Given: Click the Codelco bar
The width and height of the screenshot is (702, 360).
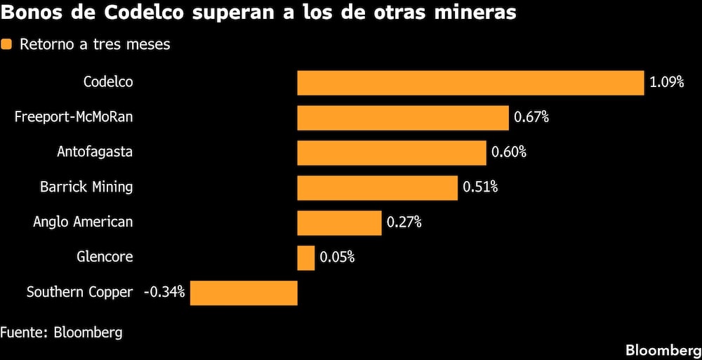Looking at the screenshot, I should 470,82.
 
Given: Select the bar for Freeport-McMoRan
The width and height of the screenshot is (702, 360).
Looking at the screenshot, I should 403,117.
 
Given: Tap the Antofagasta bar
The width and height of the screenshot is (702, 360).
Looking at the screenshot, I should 392,152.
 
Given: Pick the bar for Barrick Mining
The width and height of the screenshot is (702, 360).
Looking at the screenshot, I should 378,187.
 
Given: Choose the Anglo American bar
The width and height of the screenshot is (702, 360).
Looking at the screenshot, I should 339,222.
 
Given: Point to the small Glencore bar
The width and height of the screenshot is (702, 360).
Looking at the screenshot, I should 306,258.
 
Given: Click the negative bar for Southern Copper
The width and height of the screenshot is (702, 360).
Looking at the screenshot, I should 244,293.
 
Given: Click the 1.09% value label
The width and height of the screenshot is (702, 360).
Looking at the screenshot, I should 666,82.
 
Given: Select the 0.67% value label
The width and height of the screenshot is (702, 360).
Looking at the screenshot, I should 531,117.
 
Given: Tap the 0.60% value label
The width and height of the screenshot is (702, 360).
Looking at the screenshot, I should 509,152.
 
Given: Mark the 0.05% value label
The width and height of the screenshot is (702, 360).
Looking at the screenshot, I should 337,258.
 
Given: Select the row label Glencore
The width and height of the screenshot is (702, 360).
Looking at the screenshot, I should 105,258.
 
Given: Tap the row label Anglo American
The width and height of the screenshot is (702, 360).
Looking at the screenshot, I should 83,222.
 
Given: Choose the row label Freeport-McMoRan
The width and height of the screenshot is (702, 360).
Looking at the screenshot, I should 74,117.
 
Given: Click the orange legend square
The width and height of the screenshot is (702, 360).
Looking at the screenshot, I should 7,45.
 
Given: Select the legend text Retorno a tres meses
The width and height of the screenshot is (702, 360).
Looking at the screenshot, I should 95,45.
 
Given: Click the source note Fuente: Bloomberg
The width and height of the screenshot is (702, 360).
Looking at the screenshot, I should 61,332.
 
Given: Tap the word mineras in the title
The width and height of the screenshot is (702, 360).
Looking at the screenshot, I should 471,13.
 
